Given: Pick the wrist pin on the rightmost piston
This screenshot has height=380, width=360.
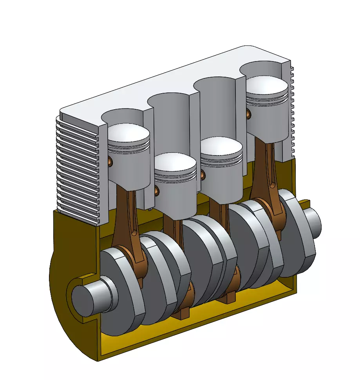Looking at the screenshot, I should tap(249, 114).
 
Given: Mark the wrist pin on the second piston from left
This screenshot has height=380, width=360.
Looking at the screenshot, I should tap(157, 191).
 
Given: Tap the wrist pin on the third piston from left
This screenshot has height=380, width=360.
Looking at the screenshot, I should tap(203, 174).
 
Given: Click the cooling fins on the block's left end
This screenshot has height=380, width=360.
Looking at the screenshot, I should tap(76, 168).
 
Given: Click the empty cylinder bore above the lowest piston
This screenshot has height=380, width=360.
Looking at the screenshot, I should tap(168, 121).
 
